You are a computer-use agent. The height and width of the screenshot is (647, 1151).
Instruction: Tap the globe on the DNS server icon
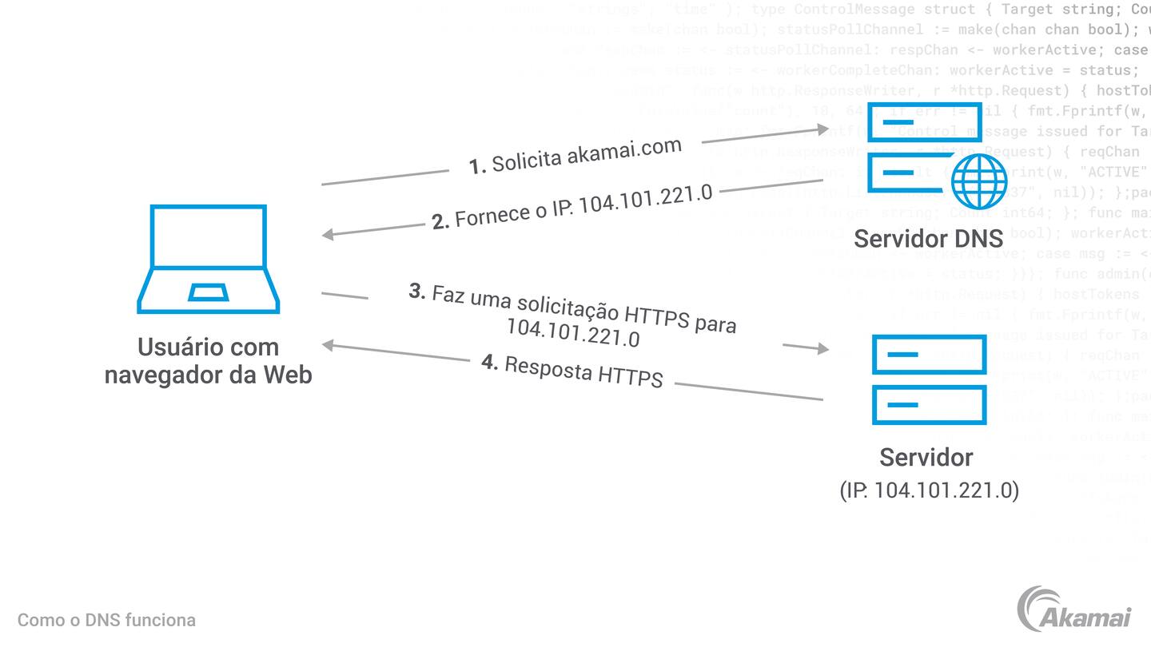(x=979, y=181)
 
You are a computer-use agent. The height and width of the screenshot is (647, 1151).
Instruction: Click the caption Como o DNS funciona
(x=106, y=620)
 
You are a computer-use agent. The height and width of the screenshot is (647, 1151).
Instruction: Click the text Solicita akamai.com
(x=586, y=154)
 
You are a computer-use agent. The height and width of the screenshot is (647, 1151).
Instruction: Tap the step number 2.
(x=440, y=221)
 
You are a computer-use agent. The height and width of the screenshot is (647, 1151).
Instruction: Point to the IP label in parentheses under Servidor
(x=929, y=490)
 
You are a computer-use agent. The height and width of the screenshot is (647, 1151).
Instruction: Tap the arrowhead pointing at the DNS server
(x=823, y=129)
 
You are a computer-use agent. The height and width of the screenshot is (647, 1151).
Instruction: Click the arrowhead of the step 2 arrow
(x=327, y=235)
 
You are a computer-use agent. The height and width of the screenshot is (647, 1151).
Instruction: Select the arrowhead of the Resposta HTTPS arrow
(x=327, y=345)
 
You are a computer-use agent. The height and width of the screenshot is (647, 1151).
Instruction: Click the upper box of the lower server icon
(x=929, y=354)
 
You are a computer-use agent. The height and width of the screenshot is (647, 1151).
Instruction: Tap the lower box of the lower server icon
(x=929, y=405)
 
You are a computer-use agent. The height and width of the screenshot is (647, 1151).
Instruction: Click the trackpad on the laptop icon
(x=208, y=292)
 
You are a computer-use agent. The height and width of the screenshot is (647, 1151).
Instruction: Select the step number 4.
(x=490, y=362)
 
